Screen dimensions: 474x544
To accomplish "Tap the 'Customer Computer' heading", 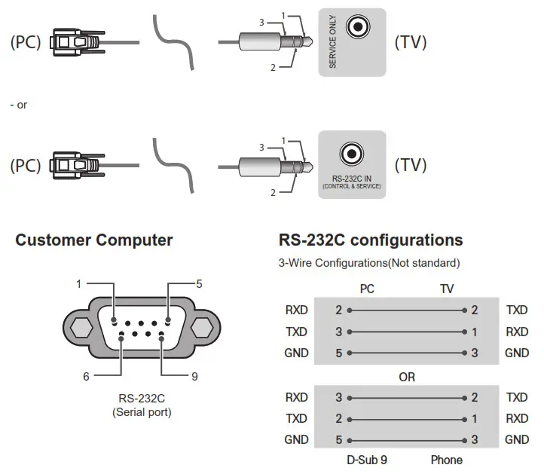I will [x=94, y=240].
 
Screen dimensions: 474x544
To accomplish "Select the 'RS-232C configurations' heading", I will [x=371, y=240].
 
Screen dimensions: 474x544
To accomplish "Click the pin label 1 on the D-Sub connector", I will [x=78, y=284].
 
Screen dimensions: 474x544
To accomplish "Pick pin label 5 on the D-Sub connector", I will [x=199, y=284].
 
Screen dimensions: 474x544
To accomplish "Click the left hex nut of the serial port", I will [x=78, y=329].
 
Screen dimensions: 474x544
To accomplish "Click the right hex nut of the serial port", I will [x=200, y=329].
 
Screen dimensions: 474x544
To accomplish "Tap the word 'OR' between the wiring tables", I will [x=406, y=377].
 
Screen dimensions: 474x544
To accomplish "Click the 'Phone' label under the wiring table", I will [x=447, y=460].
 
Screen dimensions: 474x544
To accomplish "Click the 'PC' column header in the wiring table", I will [x=368, y=289].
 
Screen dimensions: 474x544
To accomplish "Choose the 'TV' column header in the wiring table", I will [x=447, y=289].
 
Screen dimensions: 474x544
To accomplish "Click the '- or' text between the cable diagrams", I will [x=19, y=105].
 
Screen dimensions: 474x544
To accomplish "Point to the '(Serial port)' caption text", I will [x=142, y=412].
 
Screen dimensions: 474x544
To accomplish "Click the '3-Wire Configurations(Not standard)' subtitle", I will [x=369, y=263].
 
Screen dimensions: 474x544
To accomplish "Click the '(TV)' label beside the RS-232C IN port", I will [x=411, y=164].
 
